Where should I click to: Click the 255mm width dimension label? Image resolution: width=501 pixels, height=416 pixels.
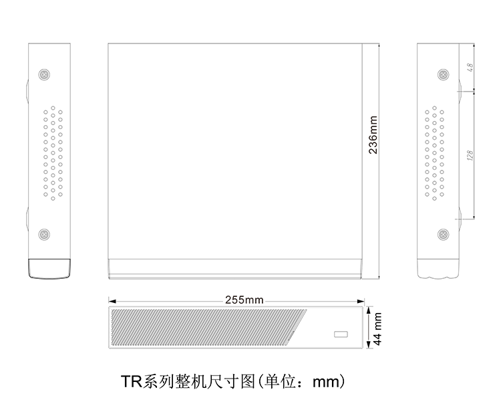[x=244, y=300]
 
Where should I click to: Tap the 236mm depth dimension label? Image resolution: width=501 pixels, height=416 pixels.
[x=373, y=135]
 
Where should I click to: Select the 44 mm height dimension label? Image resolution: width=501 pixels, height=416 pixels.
[x=377, y=329]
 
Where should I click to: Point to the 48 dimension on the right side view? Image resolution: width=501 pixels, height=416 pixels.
[x=470, y=67]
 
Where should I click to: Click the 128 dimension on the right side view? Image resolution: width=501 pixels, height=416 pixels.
[x=470, y=155]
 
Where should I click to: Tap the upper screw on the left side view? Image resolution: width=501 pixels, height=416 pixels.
[x=44, y=74]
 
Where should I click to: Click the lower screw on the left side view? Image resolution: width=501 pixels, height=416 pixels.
[x=44, y=235]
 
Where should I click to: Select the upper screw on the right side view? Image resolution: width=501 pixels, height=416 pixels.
[x=443, y=74]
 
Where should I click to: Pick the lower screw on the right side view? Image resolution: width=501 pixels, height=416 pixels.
[x=443, y=235]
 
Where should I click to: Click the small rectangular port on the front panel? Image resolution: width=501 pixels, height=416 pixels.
[x=341, y=334]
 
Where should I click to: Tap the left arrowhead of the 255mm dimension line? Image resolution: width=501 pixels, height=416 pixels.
[x=112, y=301]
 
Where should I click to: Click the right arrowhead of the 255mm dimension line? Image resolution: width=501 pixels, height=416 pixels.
[x=361, y=301]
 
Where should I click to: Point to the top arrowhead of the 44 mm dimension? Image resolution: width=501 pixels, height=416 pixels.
[x=369, y=310]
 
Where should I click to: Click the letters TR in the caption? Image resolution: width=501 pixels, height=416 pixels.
[x=132, y=381]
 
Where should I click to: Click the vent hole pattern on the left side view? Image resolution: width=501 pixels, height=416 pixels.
[x=53, y=153]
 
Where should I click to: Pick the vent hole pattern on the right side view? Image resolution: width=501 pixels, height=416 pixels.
[x=435, y=153]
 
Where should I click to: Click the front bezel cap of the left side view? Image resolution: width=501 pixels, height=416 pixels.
[x=49, y=268]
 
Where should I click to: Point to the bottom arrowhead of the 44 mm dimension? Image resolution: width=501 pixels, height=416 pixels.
[x=369, y=344]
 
